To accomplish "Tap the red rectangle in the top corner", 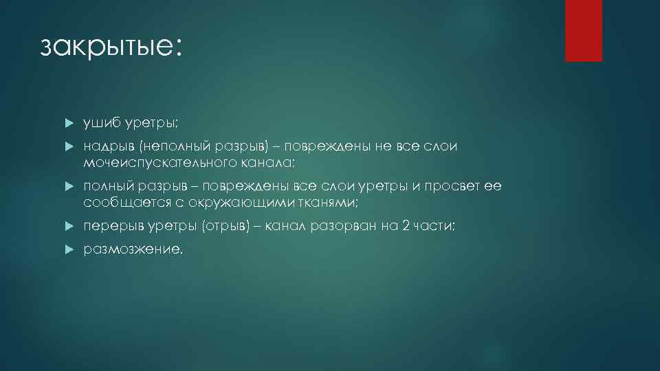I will [583, 30].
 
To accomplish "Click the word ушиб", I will [101, 122].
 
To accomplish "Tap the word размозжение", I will [133, 250].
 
